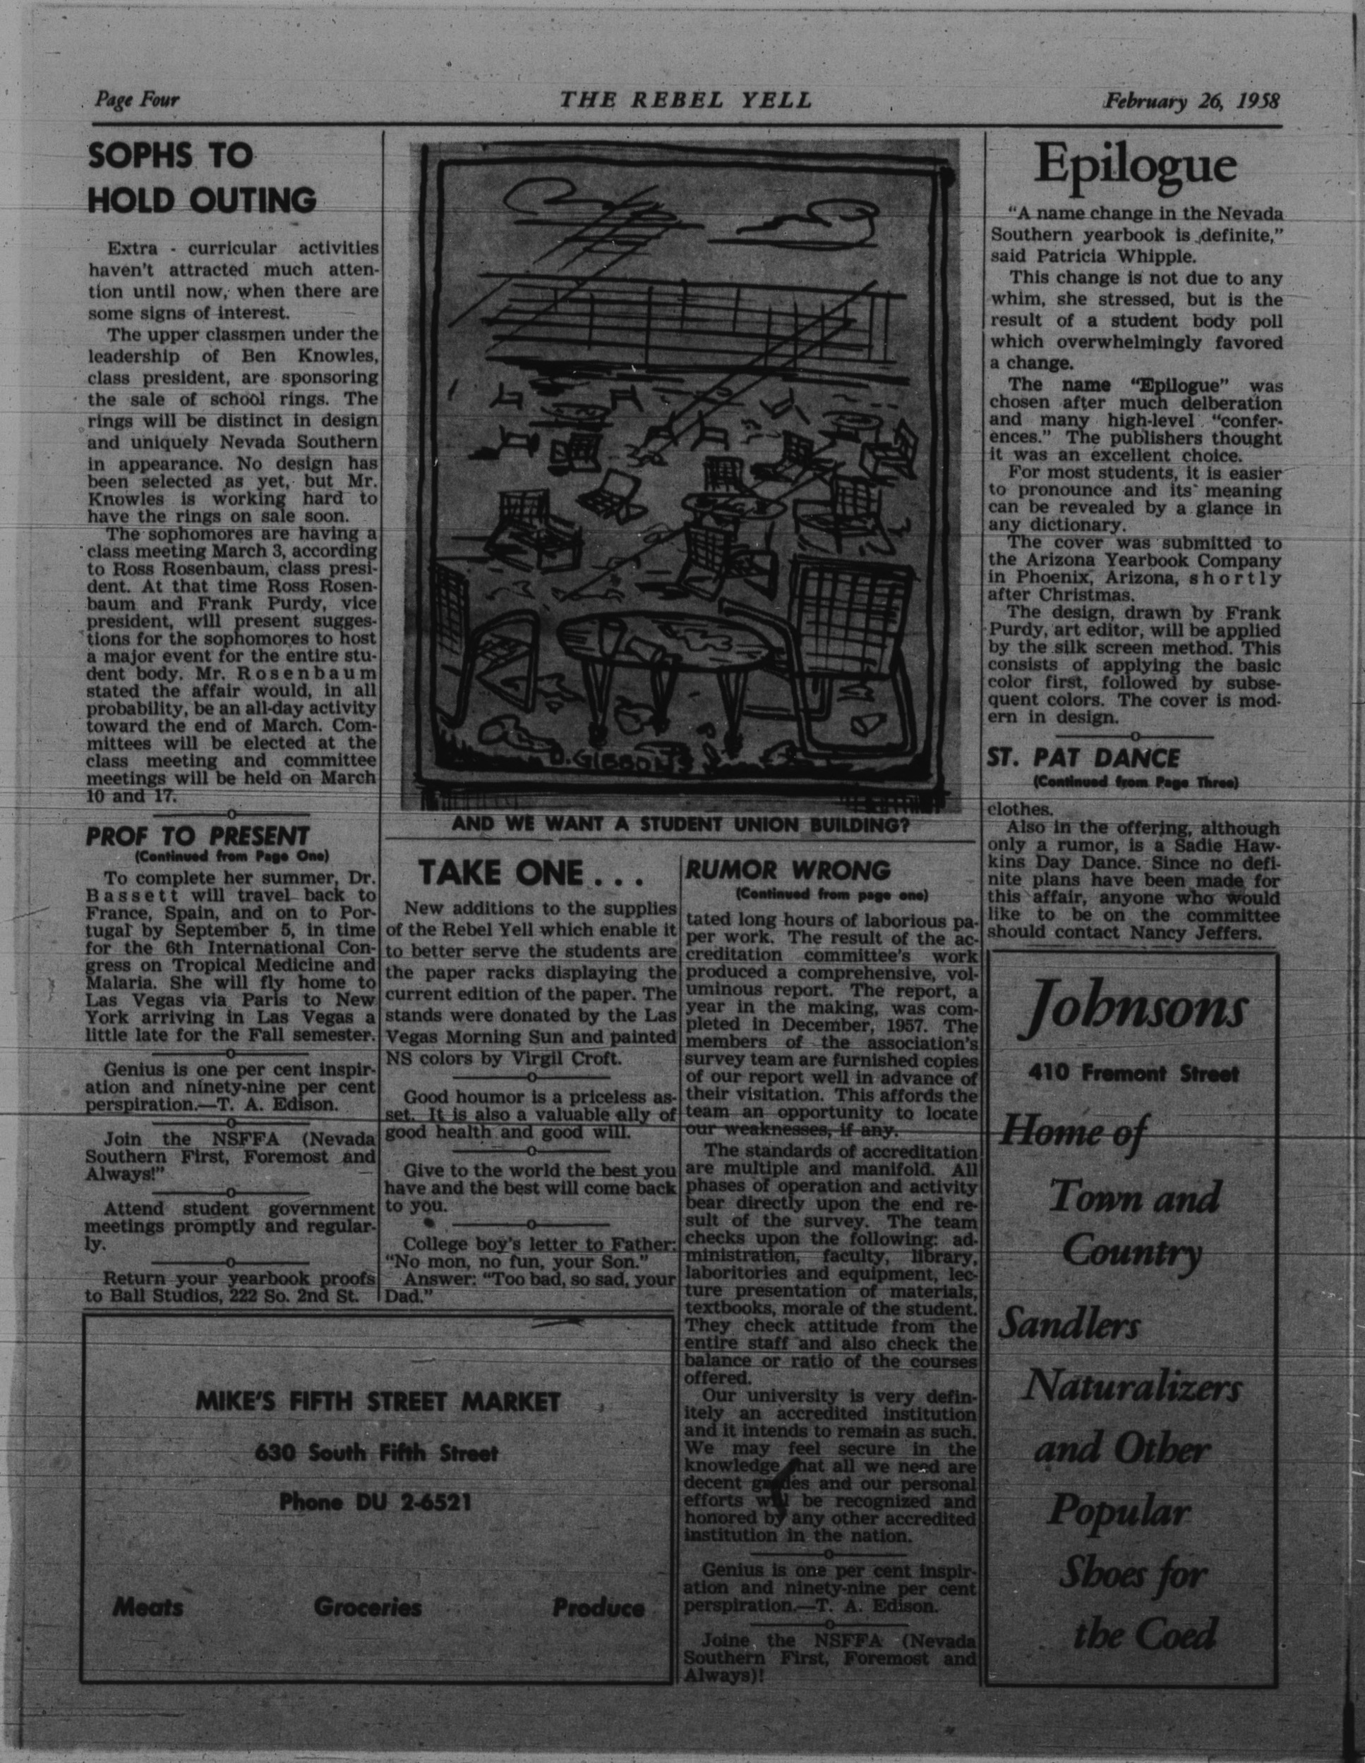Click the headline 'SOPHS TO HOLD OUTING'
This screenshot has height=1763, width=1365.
click(202, 178)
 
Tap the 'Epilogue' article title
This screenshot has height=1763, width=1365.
click(1136, 166)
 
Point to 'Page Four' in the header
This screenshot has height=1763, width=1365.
click(136, 100)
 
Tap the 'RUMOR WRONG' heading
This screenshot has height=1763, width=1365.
click(788, 870)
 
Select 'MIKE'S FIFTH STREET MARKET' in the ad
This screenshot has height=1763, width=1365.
click(378, 1402)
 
